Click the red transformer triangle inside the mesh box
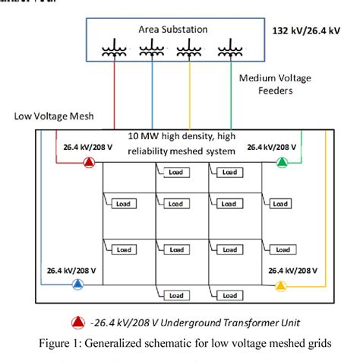pos(89,162)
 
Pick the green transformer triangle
pos(282,161)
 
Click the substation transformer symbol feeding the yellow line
pos(189,49)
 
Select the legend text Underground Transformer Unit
pos(216,322)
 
